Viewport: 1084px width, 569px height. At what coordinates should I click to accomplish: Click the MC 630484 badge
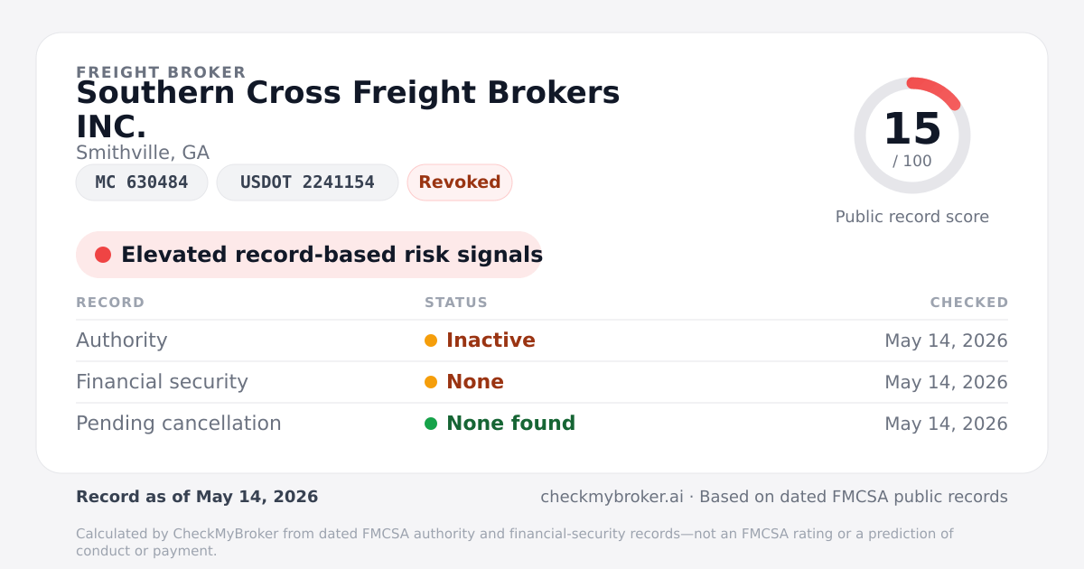[x=142, y=182]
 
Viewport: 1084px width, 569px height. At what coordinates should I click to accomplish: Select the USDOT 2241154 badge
[x=307, y=182]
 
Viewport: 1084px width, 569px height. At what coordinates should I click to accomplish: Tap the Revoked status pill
[x=460, y=182]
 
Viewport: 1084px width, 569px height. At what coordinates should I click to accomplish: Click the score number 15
[x=912, y=128]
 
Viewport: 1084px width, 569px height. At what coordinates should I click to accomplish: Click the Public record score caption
[x=912, y=217]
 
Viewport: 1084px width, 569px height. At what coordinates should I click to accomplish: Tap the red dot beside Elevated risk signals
[x=103, y=255]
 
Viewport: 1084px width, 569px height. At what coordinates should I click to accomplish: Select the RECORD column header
[x=110, y=303]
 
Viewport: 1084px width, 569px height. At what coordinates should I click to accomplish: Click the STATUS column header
[x=456, y=303]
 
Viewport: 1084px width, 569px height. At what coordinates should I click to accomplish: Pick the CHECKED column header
[x=969, y=303]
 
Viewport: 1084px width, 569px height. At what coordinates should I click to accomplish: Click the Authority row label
[x=122, y=340]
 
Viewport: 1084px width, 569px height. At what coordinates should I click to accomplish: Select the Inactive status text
[x=491, y=340]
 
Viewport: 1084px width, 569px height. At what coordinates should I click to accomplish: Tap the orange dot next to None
[x=431, y=382]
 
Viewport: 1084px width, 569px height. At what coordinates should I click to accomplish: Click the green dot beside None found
[x=431, y=424]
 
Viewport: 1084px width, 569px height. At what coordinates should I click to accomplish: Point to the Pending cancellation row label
[x=179, y=424]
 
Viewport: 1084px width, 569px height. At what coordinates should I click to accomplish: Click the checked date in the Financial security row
[x=946, y=382]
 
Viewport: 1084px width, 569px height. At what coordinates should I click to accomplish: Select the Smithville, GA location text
[x=143, y=153]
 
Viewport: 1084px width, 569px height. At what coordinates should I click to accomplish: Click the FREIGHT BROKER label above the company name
[x=161, y=72]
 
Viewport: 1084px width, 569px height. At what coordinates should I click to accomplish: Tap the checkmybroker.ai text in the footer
[x=612, y=497]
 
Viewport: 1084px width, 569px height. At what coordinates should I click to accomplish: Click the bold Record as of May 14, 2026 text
[x=197, y=497]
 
